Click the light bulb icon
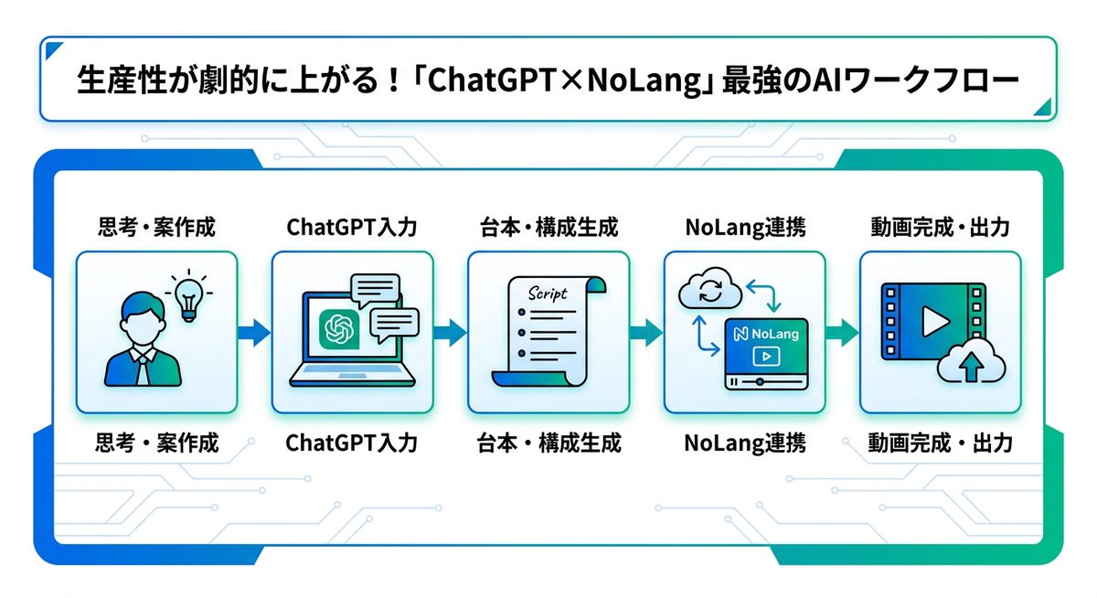click(189, 295)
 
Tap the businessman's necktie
click(143, 367)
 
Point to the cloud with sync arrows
click(707, 292)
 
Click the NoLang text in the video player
click(766, 334)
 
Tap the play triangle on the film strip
click(933, 320)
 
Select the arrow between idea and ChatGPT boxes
click(254, 333)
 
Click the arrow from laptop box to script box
click(450, 333)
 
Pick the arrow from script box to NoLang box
click(646, 333)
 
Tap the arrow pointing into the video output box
click(842, 333)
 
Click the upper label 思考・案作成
click(156, 227)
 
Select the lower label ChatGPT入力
click(352, 443)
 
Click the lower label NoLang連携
click(745, 443)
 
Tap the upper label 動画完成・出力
click(941, 227)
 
